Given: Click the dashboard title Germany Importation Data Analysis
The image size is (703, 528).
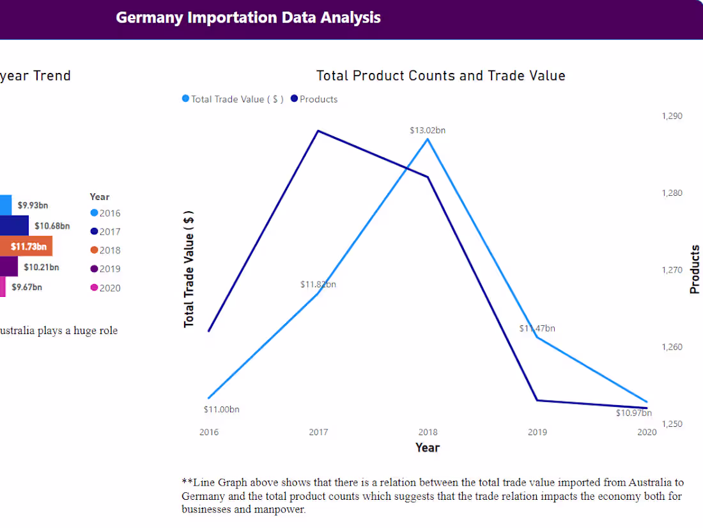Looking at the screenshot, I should [248, 17].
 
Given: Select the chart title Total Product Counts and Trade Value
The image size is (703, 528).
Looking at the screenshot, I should [440, 76].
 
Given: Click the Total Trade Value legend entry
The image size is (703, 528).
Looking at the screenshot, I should [233, 99].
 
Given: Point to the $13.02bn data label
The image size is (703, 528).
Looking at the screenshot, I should [428, 130].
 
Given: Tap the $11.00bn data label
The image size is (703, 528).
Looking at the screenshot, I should [221, 409].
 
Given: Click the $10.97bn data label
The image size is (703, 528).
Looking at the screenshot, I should [633, 413].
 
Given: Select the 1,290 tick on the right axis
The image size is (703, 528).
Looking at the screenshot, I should [672, 116].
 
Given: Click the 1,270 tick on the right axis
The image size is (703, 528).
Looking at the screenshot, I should [672, 269].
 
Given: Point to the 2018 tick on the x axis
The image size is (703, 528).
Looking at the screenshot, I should [428, 432].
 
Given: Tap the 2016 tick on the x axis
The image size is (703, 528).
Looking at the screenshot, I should [209, 432].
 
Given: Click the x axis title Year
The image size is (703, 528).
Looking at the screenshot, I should [428, 447].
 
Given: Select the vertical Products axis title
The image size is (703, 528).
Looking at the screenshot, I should [695, 269].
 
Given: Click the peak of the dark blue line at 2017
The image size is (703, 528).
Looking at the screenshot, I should [318, 131].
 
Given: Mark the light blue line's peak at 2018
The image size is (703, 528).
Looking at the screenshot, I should [428, 139].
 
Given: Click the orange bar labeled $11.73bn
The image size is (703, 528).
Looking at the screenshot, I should [26, 246].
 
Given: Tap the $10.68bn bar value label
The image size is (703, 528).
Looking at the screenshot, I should [52, 226].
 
